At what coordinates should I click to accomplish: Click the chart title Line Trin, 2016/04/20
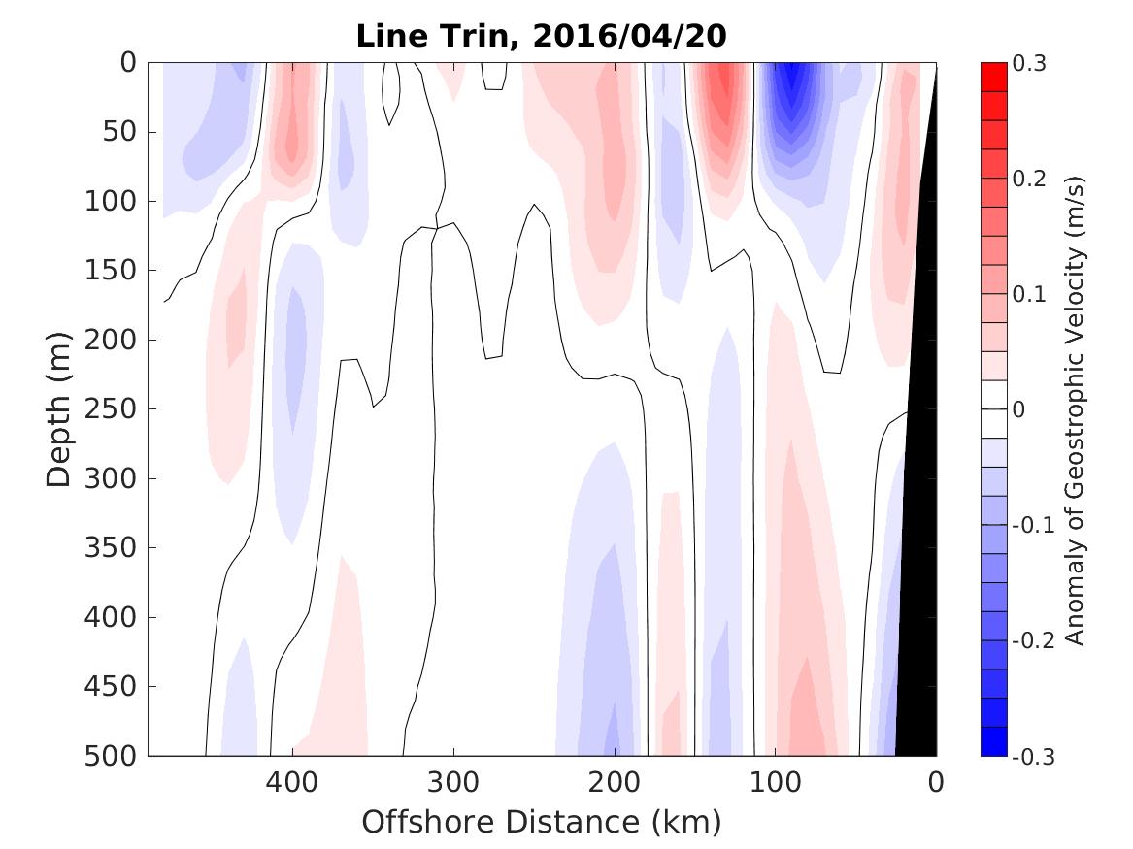(x=542, y=36)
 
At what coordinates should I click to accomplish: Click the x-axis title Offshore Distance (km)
(x=542, y=822)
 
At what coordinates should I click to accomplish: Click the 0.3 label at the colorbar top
(x=1032, y=63)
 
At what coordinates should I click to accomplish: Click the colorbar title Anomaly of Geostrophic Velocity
(x=1074, y=408)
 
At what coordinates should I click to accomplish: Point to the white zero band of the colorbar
(x=993, y=408)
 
